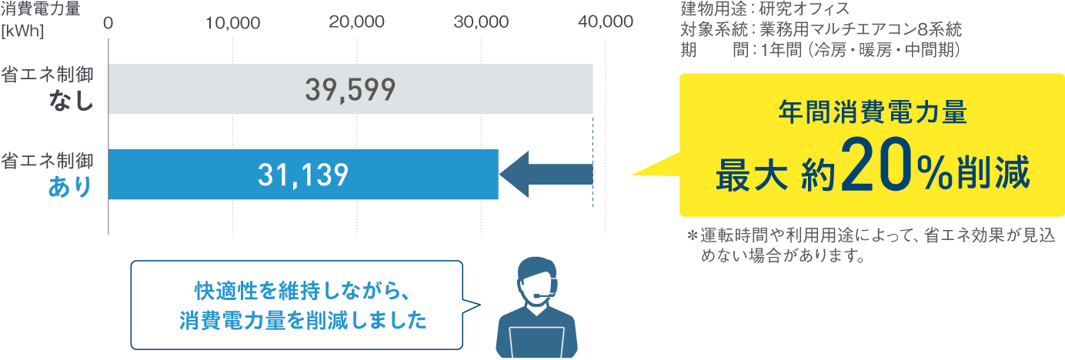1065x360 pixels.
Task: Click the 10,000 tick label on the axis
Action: click(232, 22)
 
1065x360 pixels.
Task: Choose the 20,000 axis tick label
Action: click(356, 22)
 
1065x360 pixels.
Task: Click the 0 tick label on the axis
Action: click(109, 22)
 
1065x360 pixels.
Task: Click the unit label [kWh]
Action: click(22, 32)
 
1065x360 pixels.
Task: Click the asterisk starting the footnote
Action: click(691, 236)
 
